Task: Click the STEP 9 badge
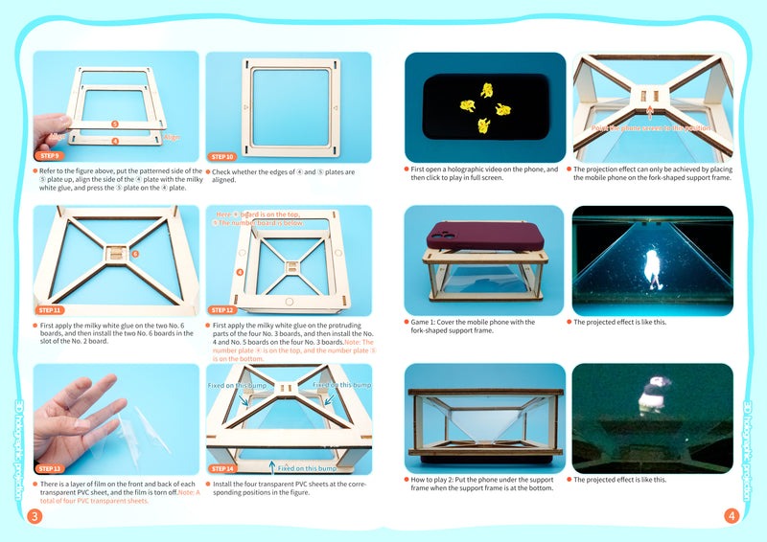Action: (x=49, y=154)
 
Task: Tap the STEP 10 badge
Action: (x=222, y=156)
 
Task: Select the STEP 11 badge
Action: (x=51, y=310)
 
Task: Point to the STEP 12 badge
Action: (x=222, y=310)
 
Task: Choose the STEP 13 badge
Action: (x=50, y=469)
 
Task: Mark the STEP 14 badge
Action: (x=222, y=469)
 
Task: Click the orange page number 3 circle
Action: (x=35, y=517)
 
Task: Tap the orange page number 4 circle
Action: (x=732, y=517)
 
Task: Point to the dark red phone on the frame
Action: (x=485, y=236)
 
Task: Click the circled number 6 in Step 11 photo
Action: (x=135, y=255)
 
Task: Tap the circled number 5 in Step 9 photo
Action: (x=115, y=124)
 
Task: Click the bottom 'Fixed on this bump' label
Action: (x=305, y=468)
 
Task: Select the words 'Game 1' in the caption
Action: (x=424, y=322)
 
